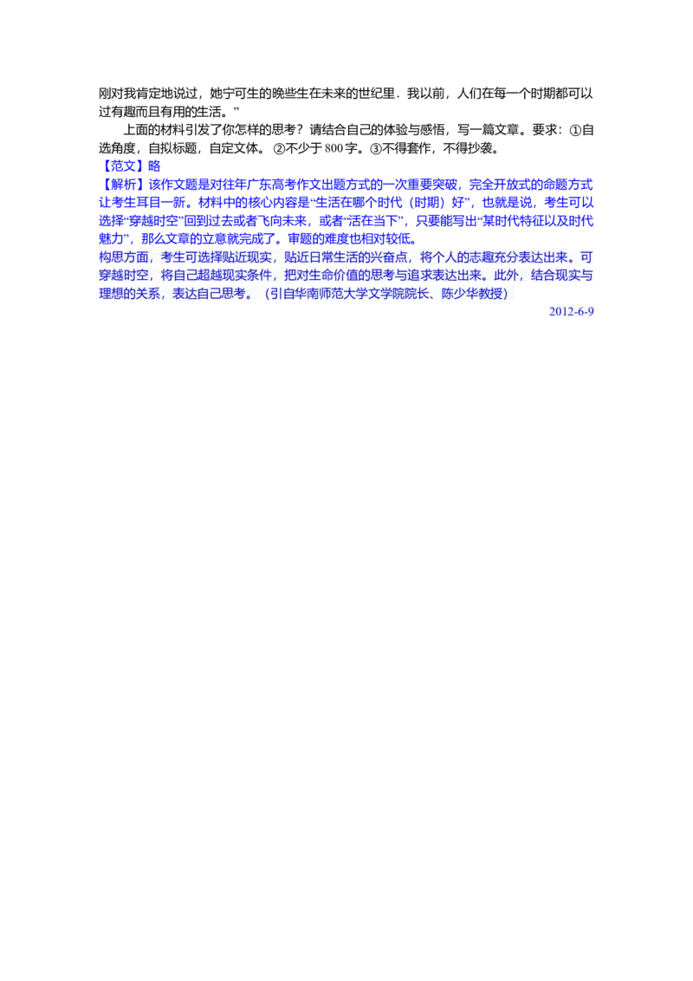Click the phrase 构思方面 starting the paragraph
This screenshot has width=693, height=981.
click(x=126, y=257)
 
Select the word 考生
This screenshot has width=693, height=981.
click(x=174, y=257)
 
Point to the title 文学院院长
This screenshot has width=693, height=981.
click(x=410, y=294)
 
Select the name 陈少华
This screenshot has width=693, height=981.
click(x=462, y=294)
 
